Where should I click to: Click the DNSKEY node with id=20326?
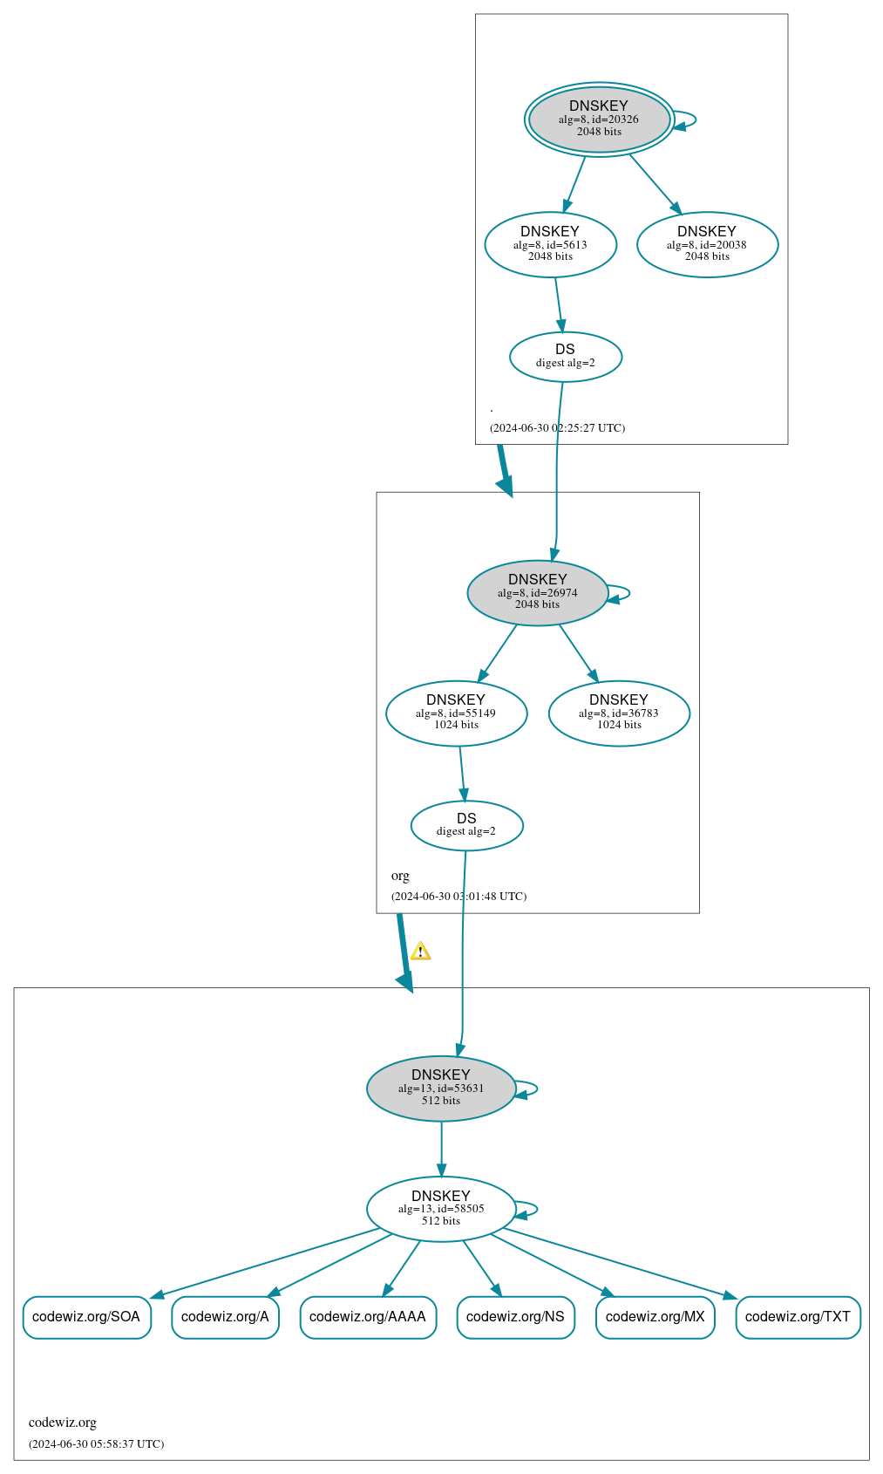coord(599,119)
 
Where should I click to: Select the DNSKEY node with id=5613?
coord(550,244)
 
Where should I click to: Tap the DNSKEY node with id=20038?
coord(707,244)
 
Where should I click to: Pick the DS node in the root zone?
coord(565,356)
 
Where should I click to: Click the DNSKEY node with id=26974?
coord(537,592)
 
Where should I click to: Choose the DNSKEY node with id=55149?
coord(456,713)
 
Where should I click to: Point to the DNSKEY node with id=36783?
coord(619,713)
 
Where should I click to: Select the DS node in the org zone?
coord(466,825)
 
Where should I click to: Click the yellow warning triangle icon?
coord(420,951)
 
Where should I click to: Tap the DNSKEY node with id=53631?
coord(441,1088)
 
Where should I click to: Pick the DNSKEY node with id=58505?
coord(441,1208)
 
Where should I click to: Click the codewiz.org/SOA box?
coord(86,1316)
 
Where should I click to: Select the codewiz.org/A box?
coord(225,1316)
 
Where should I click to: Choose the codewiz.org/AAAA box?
coord(368,1316)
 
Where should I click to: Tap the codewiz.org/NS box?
coord(515,1316)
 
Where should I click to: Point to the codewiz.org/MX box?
coord(655,1316)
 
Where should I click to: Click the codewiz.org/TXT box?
coord(798,1316)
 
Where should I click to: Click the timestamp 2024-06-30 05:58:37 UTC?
coord(96,1443)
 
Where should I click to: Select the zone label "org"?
coord(400,876)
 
